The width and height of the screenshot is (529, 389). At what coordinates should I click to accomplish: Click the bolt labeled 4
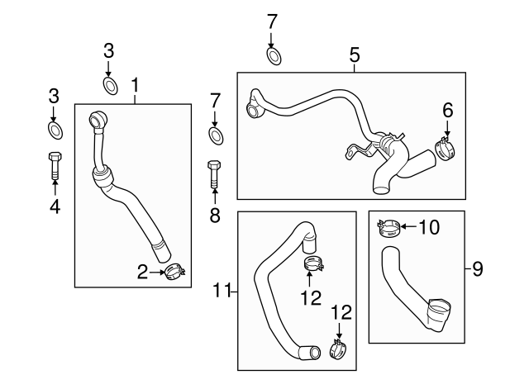[x=55, y=167]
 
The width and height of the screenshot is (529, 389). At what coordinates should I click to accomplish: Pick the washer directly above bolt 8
[x=215, y=135]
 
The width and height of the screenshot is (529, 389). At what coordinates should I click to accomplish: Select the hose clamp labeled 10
[x=388, y=226]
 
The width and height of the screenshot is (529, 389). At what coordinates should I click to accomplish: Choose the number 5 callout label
[x=355, y=55]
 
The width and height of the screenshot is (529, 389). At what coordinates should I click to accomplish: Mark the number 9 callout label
[x=477, y=268]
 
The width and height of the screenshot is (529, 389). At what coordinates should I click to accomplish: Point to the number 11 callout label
[x=220, y=290]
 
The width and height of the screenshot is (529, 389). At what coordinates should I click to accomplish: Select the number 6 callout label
[x=448, y=108]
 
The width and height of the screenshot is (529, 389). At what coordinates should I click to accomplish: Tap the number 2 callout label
[x=141, y=271]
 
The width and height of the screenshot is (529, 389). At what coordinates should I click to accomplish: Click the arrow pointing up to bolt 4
[x=55, y=188]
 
